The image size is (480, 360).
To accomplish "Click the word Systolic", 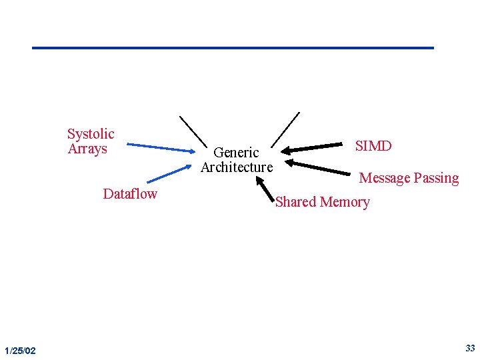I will pos(91,134).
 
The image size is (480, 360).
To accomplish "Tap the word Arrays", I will pos(87,149).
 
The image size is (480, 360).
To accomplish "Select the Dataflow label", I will pos(130,194).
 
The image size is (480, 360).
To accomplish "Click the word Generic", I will pos(236,153).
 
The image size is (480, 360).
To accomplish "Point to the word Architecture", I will pos(237,167).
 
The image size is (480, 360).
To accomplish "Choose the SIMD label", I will pos(373,146).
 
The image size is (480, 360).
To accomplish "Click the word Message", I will pos(384,178).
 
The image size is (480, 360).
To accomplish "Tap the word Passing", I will pos(436,179).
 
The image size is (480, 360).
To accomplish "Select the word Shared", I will pos(296,202).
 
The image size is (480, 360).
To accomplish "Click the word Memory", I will pos(345,202).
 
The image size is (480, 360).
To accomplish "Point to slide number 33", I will pos(470,348).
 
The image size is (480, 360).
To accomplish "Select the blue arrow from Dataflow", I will pos(169,174).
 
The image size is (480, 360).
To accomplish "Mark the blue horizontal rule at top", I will pos(233,48).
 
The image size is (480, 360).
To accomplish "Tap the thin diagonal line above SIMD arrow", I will pos(287,128).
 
